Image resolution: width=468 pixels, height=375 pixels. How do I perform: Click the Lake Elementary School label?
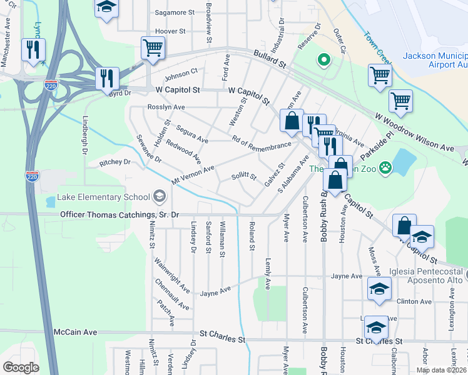[103, 197]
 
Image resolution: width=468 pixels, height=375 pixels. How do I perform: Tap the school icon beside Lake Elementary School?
[159, 197]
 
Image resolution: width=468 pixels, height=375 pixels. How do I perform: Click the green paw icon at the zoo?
[385, 167]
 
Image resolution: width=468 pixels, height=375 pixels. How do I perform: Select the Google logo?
[21, 367]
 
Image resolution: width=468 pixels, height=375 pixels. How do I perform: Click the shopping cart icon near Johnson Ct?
[153, 47]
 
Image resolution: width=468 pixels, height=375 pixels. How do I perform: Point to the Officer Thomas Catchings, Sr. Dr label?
[120, 214]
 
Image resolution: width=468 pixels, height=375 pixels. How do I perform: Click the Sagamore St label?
[175, 12]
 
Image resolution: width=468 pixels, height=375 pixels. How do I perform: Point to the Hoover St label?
[170, 31]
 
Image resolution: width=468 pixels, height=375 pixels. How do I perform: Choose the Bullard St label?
[269, 60]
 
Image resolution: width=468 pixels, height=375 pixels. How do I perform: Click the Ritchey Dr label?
[114, 162]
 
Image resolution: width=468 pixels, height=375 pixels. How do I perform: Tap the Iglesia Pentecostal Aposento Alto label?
[427, 276]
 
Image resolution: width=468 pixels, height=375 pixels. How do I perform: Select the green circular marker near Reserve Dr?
[324, 61]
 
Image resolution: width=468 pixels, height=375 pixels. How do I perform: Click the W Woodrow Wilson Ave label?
[415, 131]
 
